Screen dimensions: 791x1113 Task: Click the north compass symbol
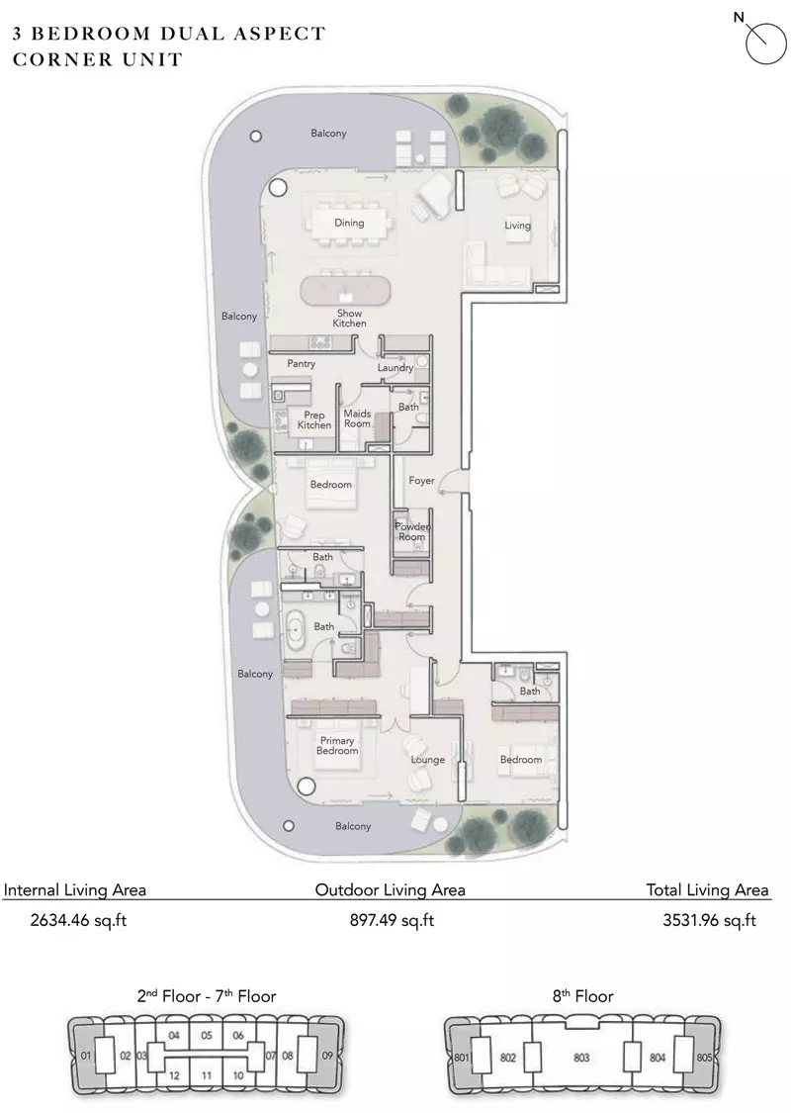point(764,42)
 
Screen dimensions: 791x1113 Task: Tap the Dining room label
point(349,223)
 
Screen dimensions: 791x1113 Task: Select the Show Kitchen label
point(350,318)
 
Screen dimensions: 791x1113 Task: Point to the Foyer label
point(421,481)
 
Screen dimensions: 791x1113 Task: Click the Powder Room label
point(412,531)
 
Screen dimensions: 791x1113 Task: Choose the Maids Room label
point(357,418)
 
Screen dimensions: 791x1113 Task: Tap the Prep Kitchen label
point(314,420)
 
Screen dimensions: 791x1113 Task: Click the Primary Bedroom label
point(337,745)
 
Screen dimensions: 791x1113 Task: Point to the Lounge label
point(428,760)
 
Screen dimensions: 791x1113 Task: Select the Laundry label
point(395,368)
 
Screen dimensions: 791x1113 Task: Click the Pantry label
point(301,363)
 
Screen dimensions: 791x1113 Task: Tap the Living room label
point(517,225)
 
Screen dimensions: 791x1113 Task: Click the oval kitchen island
point(345,291)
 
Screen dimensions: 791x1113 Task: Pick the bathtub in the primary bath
point(295,627)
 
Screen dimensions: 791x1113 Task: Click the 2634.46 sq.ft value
point(78,921)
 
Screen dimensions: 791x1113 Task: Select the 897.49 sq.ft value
point(392,921)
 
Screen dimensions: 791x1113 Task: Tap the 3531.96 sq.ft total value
point(709,921)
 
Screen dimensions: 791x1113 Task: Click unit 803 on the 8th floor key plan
point(581,1058)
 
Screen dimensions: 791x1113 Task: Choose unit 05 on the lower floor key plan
point(207,1036)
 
